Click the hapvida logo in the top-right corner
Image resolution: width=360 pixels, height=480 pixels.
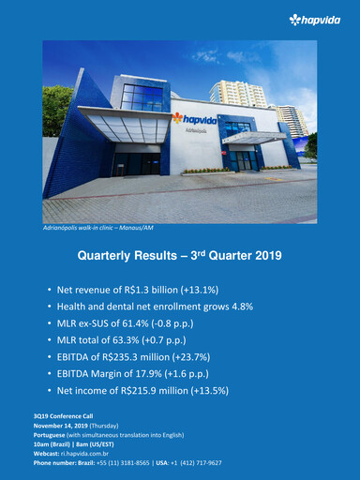(x=322, y=19)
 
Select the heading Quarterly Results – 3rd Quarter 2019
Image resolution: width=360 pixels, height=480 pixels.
(x=179, y=254)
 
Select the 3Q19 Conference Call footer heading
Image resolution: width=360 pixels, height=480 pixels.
(x=61, y=415)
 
